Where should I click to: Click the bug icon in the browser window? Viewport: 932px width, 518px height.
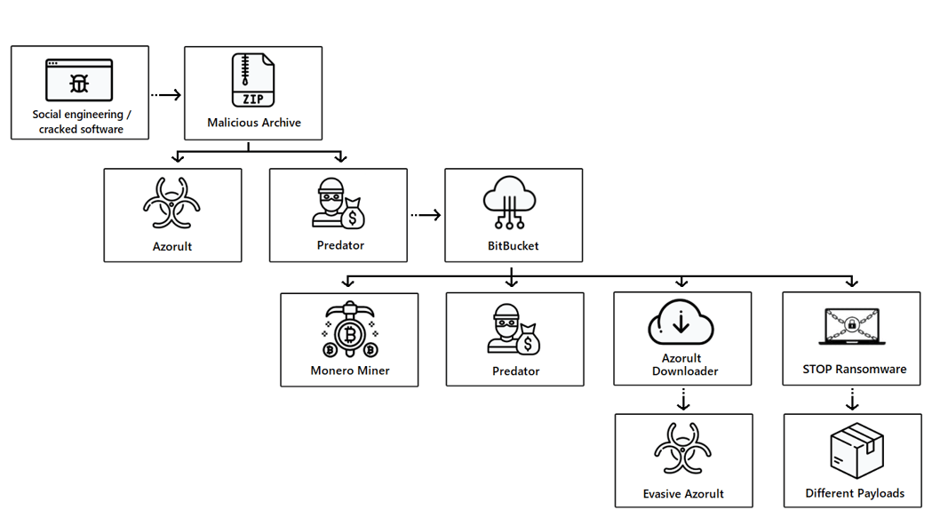79,84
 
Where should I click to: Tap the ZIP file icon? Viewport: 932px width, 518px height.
253,80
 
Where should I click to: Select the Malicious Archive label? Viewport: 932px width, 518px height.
254,123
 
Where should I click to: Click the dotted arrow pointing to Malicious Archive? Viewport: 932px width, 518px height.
166,94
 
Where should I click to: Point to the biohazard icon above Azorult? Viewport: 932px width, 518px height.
172,203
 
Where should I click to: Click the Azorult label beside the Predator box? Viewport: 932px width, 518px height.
172,246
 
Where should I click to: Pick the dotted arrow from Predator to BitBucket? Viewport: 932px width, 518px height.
426,214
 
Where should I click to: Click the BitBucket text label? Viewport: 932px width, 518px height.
514,245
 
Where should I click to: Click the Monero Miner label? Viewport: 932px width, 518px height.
350,371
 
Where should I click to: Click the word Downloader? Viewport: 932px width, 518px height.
685,371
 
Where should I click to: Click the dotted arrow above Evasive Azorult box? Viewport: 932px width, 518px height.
682,398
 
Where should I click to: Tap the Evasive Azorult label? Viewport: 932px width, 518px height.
683,494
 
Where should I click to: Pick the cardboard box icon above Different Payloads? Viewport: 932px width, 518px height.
856,450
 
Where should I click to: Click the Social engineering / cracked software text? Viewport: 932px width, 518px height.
80,122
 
